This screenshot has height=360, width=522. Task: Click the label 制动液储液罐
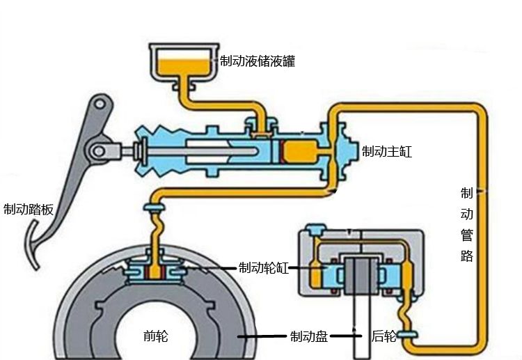pyautogui.click(x=257, y=61)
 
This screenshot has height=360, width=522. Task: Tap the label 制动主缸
pyautogui.click(x=387, y=151)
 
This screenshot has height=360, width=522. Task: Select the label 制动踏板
pyautogui.click(x=29, y=209)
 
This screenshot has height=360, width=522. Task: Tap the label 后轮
pyautogui.click(x=383, y=337)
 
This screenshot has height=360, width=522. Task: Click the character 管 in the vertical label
pyautogui.click(x=467, y=235)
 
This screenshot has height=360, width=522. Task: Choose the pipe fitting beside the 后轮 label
pyautogui.click(x=409, y=336)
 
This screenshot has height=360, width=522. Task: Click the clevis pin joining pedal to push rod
pyautogui.click(x=98, y=149)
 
